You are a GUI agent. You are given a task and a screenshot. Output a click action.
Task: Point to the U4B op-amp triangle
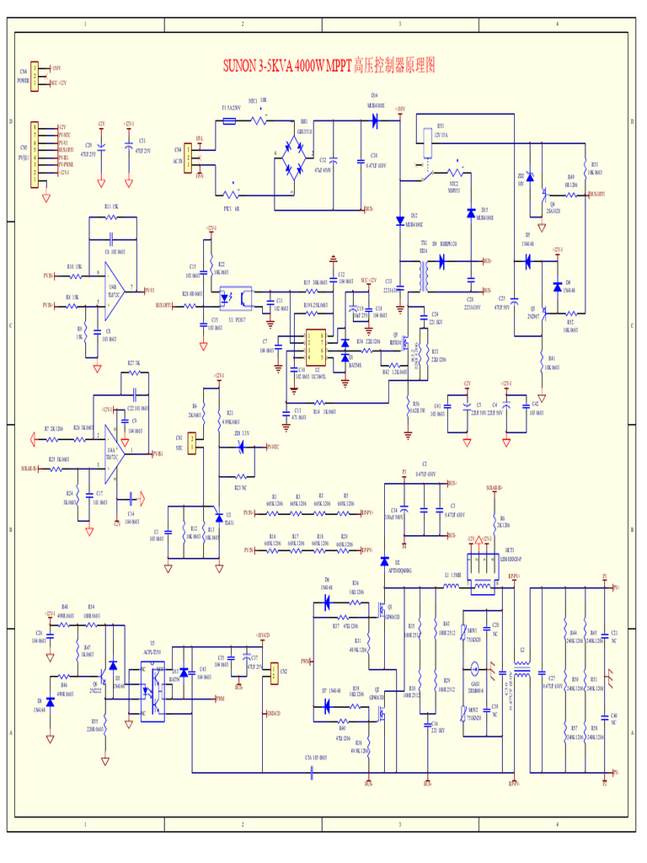click(x=117, y=288)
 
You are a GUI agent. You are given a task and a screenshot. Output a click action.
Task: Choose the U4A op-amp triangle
click(x=116, y=453)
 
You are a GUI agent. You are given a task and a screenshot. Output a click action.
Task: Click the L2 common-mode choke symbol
click(x=522, y=675)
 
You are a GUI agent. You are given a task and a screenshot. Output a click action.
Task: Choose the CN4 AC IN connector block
click(x=190, y=157)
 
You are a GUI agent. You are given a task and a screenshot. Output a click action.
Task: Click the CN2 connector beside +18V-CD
click(x=274, y=671)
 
